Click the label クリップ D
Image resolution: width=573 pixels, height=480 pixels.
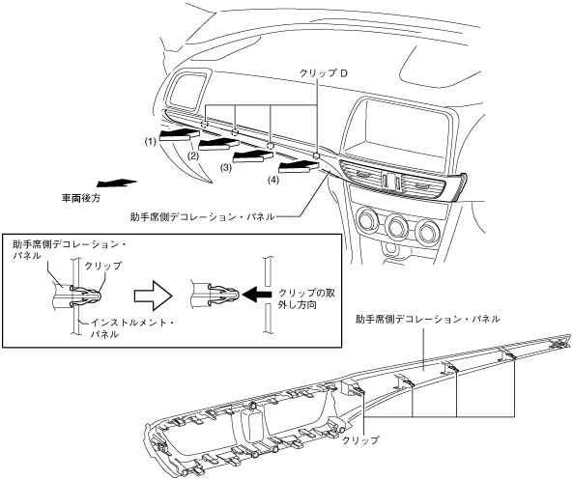(x=324, y=73)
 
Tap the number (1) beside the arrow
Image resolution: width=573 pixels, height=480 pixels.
(x=150, y=141)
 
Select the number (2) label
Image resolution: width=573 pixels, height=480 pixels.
(x=193, y=156)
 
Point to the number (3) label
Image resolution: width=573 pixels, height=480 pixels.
(x=226, y=168)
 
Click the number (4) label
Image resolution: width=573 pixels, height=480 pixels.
(x=272, y=180)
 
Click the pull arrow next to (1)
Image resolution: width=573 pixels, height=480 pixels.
(x=180, y=133)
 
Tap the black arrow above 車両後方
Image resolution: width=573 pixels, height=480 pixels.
(x=116, y=183)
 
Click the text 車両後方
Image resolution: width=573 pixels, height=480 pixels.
(x=80, y=198)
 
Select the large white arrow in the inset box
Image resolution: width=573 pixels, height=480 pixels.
(x=153, y=296)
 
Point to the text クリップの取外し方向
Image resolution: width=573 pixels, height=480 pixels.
(x=306, y=298)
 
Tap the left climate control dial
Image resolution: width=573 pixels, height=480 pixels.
(x=367, y=221)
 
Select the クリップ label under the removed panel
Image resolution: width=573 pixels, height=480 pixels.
(x=360, y=439)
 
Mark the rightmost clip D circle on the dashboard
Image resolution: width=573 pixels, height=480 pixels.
(x=317, y=156)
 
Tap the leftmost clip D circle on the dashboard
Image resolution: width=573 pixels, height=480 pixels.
(x=205, y=125)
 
